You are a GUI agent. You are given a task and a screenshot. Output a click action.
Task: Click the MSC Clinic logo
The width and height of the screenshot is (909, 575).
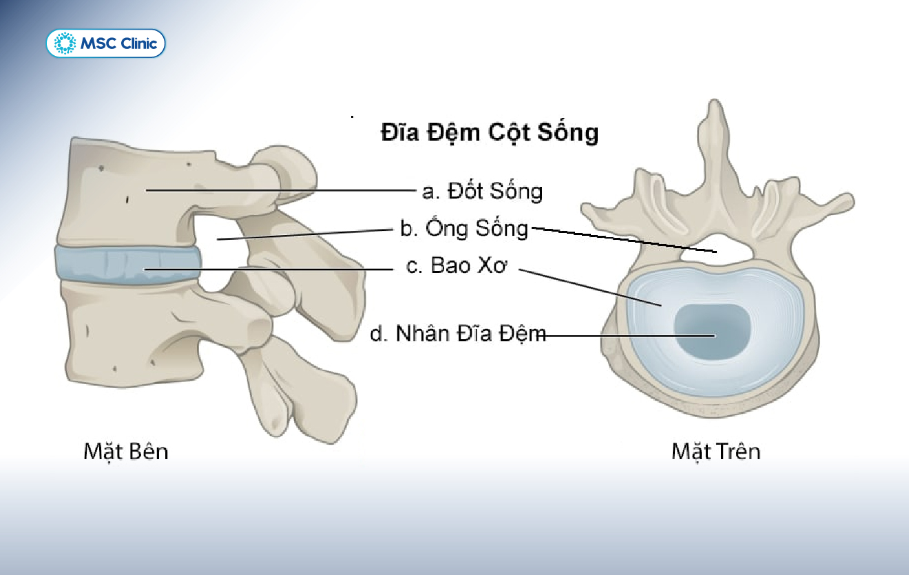105,43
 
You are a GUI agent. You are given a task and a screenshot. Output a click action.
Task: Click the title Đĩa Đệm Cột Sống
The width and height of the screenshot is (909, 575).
490,132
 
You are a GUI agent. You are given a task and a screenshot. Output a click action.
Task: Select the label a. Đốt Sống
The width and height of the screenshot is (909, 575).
482,191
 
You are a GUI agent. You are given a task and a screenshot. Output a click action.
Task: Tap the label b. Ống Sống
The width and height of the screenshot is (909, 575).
464,228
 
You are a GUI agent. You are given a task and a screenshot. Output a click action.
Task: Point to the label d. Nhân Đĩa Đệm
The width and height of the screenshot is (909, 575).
458,334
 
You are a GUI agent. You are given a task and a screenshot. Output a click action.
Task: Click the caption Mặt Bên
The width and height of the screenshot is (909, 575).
125,452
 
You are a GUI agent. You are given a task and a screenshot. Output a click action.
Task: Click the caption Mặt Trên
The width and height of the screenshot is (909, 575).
716,452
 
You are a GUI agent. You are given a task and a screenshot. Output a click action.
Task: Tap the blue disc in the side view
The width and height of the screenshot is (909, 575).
127,263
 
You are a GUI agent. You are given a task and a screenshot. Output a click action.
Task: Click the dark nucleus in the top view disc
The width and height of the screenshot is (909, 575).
711,332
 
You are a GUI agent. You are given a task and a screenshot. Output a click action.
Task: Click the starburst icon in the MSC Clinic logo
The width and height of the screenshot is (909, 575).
65,44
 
